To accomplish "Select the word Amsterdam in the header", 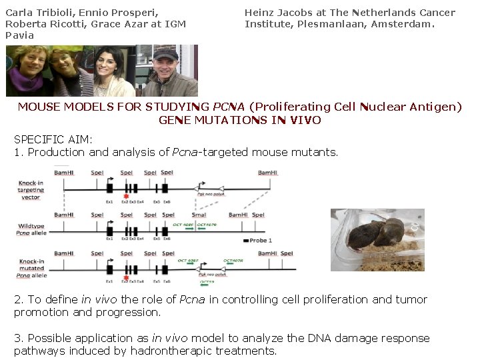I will pyautogui.click(x=403, y=24).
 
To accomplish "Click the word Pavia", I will pyautogui.click(x=19, y=35).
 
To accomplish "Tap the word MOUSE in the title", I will pyautogui.click(x=38, y=107).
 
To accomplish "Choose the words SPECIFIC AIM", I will pyautogui.click(x=53, y=139).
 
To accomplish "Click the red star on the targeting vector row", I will pyautogui.click(x=126, y=197).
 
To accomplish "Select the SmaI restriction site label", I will pyautogui.click(x=199, y=215).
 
